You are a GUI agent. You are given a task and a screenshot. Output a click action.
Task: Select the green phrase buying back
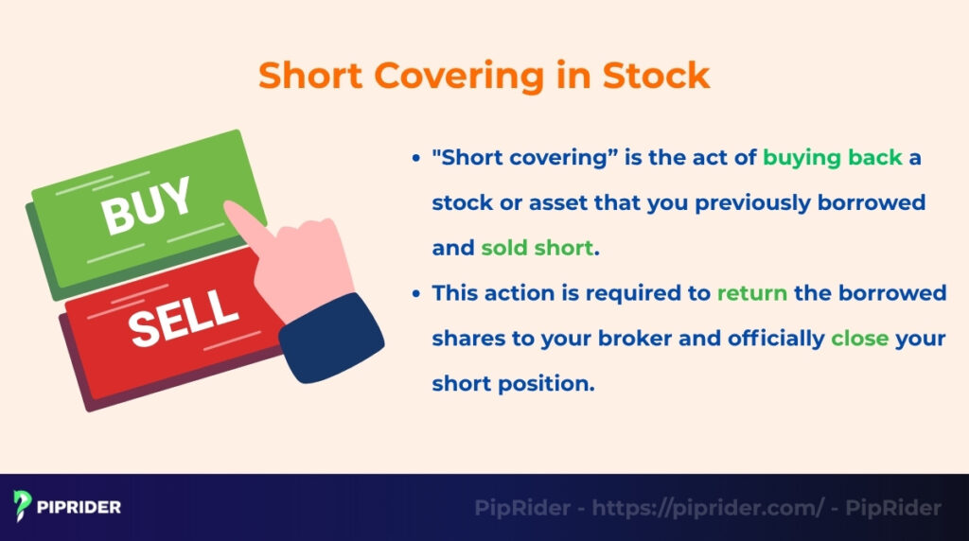coord(833,157)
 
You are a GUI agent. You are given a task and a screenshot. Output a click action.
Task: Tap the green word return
coord(751,293)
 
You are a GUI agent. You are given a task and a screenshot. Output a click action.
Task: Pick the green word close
coord(860,339)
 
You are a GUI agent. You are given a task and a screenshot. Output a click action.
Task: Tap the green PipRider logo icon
coord(23,506)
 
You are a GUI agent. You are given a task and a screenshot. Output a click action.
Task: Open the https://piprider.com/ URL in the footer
coord(709,508)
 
